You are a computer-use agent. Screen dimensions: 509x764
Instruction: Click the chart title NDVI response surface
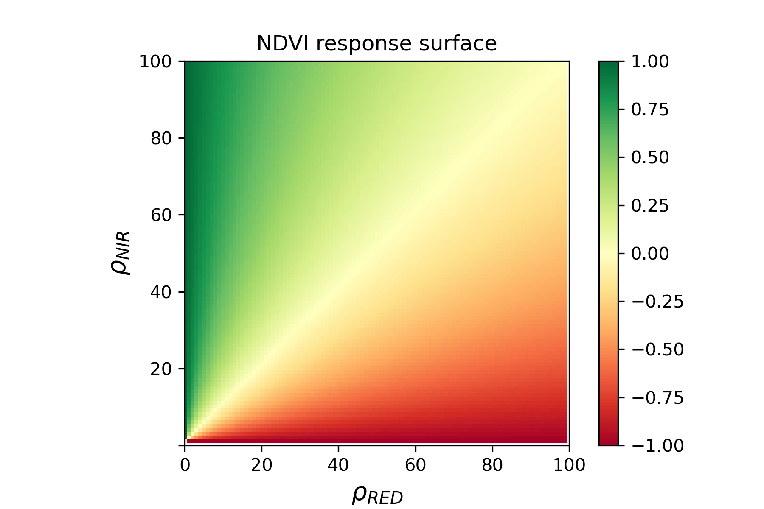376,44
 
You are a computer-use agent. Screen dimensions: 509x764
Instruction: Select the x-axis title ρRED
377,495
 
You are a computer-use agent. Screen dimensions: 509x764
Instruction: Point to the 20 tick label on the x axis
261,465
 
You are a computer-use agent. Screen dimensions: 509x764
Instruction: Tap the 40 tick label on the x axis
338,465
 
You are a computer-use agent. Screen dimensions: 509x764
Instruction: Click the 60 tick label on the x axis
415,465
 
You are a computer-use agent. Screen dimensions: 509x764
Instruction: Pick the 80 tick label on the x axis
492,465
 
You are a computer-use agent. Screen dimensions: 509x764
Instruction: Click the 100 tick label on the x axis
569,465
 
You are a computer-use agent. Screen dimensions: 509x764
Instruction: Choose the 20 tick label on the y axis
161,369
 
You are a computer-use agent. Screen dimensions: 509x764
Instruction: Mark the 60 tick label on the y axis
161,215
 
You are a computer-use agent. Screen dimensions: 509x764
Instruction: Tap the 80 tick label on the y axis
161,138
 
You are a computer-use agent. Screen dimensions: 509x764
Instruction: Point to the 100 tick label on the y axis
156,62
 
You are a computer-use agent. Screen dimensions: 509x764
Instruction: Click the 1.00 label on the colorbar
650,62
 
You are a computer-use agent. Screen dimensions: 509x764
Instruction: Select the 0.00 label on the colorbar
650,254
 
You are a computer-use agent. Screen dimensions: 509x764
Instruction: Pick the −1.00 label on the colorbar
657,446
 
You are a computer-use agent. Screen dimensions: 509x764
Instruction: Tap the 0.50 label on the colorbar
650,158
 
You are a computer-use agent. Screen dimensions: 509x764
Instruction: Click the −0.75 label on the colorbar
657,398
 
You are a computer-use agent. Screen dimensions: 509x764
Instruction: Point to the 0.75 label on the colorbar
650,110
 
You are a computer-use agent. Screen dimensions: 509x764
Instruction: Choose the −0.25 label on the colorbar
657,302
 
